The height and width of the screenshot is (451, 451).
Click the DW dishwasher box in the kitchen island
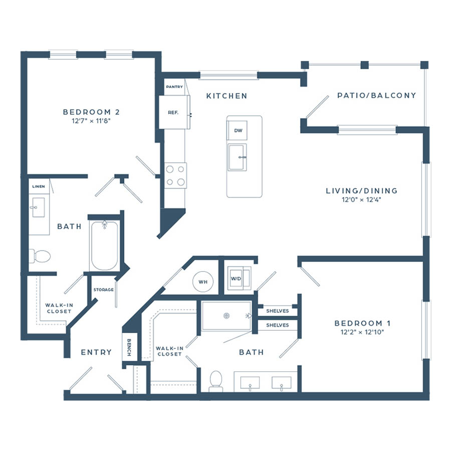tap(238, 130)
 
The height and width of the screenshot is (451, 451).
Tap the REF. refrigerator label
tap(173, 112)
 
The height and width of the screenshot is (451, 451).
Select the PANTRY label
tap(174, 87)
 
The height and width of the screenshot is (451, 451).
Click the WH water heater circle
tap(203, 282)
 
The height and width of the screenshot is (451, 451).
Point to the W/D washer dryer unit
tap(239, 278)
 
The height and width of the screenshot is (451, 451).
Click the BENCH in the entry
tap(129, 347)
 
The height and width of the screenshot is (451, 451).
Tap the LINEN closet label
tap(39, 186)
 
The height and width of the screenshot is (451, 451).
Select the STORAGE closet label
tap(104, 290)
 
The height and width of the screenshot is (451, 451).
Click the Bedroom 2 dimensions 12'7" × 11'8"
tap(91, 121)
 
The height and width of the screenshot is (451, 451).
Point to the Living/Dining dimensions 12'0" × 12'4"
tap(361, 199)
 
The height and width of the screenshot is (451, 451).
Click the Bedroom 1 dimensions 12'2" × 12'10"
tap(362, 332)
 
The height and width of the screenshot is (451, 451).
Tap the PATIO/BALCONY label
tap(376, 96)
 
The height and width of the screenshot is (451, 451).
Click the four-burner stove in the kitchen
tap(175, 175)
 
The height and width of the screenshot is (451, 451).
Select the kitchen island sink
tap(238, 157)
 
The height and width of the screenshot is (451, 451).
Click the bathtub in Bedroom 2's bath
tap(104, 246)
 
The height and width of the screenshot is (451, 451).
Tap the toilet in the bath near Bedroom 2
tap(40, 256)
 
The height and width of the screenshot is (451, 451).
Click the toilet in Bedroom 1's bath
tap(215, 380)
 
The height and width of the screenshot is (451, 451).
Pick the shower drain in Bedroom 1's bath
tap(227, 316)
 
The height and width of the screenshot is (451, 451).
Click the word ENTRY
tap(96, 352)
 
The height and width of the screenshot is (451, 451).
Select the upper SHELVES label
tap(278, 311)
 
